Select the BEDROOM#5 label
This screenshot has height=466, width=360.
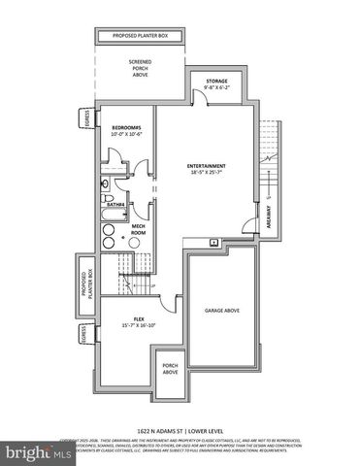coord(127,128)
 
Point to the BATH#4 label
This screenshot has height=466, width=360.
coord(114,205)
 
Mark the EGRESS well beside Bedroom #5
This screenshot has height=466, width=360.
coord(85,119)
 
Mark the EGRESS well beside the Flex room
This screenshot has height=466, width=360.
coord(85,335)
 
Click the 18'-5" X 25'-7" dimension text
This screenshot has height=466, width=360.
coord(210,175)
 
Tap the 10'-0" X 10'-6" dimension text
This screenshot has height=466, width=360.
coord(127,136)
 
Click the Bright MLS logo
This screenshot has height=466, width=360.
coord(29,451)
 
